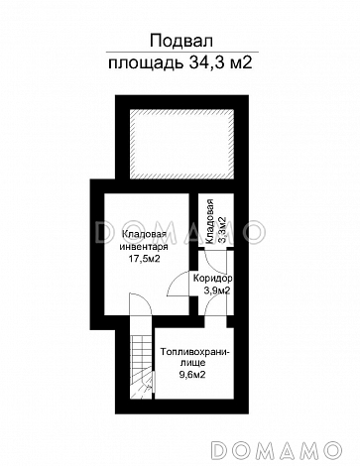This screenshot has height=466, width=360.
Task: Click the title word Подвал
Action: pos(181,42)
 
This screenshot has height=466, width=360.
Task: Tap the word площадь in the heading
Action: pos(146,63)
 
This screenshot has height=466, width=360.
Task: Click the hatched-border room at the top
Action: pos(181,144)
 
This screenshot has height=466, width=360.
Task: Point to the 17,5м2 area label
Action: pos(144,259)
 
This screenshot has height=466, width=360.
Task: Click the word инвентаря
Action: pos(144,247)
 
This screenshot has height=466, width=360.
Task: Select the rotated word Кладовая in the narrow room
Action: pos(209,221)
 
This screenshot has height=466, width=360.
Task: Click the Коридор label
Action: pos(212,279)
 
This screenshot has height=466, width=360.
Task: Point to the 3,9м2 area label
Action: pos(217,291)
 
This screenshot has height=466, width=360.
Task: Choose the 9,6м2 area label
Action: pos(192,375)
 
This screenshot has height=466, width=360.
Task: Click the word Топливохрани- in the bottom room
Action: pos(194,352)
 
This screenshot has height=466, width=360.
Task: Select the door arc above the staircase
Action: pos(141,303)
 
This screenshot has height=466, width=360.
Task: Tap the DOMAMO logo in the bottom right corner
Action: pos(276,450)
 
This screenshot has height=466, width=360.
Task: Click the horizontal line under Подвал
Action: pos(182,53)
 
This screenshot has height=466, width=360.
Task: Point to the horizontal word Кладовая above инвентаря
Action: pos(144,234)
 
